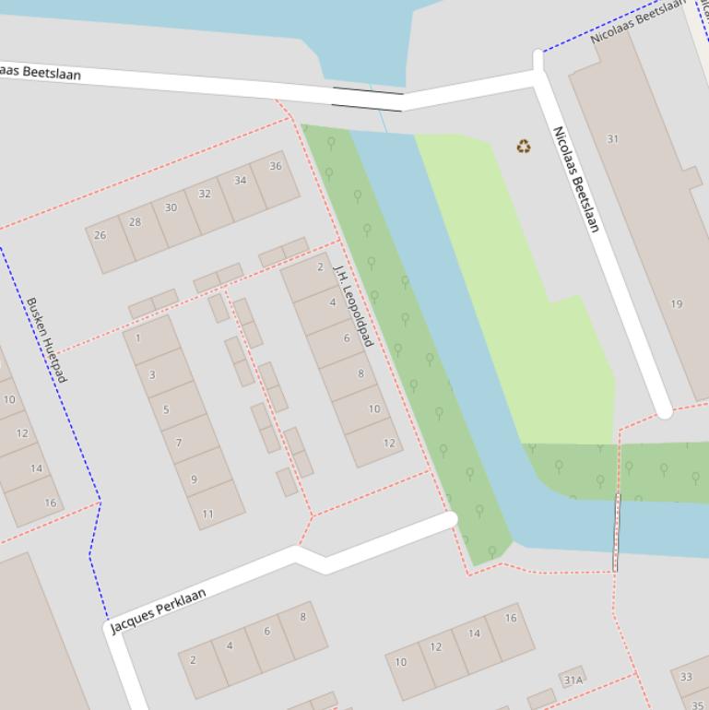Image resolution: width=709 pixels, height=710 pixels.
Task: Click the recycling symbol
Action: (524, 146)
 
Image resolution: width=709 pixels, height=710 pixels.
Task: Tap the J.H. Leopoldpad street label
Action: (353, 304)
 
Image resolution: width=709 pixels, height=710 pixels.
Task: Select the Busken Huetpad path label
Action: (46, 339)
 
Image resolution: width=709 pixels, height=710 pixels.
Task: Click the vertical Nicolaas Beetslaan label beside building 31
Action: (576, 179)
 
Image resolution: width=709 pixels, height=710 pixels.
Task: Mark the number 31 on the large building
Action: (613, 139)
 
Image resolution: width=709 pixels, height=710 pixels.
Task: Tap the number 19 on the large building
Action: (677, 304)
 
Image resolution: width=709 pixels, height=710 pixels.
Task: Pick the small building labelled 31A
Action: (573, 680)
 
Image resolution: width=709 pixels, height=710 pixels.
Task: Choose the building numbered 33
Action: (686, 677)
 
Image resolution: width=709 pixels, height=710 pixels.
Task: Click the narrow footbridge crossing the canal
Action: (617, 532)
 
